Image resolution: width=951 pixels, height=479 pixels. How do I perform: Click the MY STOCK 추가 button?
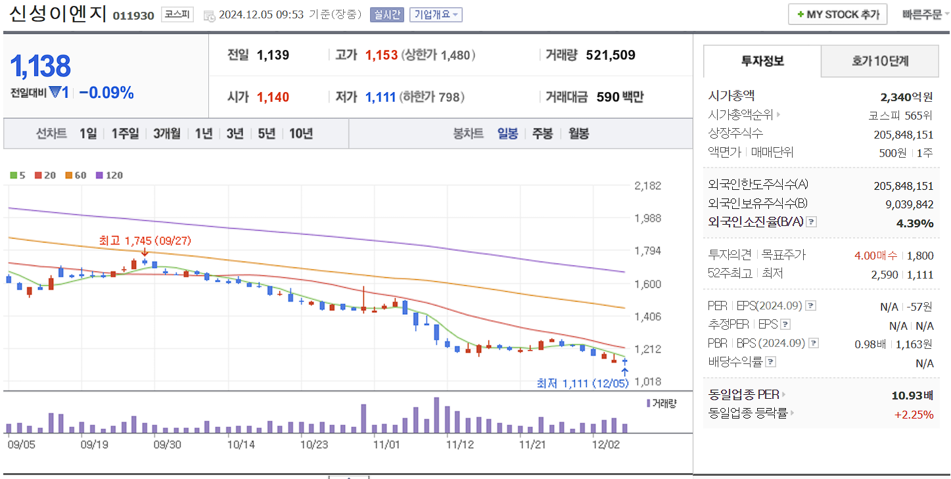[x=837, y=14]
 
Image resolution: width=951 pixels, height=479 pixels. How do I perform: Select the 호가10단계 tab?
[x=880, y=61]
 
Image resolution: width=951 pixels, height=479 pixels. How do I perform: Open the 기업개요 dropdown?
[x=436, y=14]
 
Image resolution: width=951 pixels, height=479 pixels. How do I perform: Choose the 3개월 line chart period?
[x=167, y=133]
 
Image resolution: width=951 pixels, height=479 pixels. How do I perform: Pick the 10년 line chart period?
[x=301, y=133]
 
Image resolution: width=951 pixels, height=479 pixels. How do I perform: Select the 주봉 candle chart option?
[x=542, y=133]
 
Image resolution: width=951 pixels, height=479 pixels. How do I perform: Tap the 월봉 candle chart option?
[x=578, y=133]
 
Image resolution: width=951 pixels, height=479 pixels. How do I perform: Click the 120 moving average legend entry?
[x=110, y=175]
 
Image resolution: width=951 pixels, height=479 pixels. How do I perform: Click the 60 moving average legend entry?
[x=76, y=175]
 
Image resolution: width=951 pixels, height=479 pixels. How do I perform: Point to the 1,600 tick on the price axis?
[x=647, y=284]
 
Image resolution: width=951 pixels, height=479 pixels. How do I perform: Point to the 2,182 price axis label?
[x=647, y=186]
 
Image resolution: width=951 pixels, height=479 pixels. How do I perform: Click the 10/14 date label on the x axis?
[x=241, y=445]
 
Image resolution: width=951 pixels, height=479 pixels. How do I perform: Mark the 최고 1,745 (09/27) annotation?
[x=145, y=241]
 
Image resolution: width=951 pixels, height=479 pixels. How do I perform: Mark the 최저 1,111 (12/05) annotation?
[x=582, y=383]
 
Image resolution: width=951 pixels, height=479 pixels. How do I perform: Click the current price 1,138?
[x=41, y=66]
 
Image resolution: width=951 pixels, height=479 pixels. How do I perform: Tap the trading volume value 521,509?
[x=610, y=55]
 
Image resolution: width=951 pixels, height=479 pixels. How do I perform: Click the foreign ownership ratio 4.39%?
[x=914, y=223]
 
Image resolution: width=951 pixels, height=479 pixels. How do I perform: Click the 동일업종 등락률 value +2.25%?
[x=914, y=414]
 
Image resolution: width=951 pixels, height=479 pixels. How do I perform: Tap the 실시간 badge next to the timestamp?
[x=386, y=14]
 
